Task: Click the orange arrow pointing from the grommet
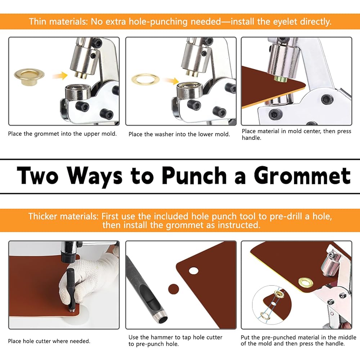coord(60,76)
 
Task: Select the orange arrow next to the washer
coord(171,81)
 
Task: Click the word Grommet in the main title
coord(302,176)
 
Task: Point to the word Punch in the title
coord(194,176)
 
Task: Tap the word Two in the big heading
coord(37,176)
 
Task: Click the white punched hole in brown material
coord(194,271)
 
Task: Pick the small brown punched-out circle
coord(174,289)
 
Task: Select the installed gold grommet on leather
coord(306,283)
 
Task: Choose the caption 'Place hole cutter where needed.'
coord(49,341)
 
